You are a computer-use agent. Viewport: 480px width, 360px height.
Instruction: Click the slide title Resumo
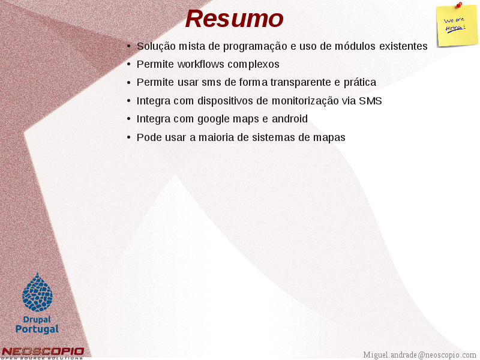click(x=234, y=19)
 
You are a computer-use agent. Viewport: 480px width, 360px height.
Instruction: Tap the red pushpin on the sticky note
click(x=459, y=5)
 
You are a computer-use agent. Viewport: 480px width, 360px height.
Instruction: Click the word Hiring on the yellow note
click(x=455, y=28)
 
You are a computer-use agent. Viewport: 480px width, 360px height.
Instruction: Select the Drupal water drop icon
click(x=37, y=292)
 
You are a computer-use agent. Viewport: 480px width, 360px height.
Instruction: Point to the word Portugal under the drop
click(x=37, y=329)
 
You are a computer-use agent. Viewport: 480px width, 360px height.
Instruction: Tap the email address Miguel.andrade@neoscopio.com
click(x=419, y=355)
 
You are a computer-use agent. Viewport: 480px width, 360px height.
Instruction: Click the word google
click(x=214, y=119)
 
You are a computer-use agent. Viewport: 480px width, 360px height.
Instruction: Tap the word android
click(x=290, y=119)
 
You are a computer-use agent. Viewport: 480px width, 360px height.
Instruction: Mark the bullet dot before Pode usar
click(x=128, y=137)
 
